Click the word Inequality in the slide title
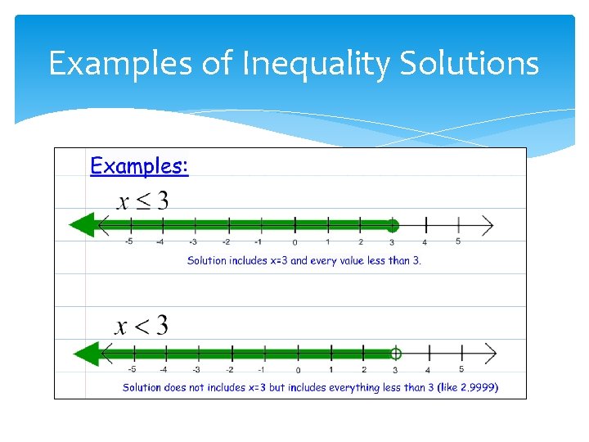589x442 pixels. [316, 64]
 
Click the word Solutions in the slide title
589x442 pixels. [470, 63]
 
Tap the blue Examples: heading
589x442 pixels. [139, 166]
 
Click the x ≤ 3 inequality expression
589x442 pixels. [143, 200]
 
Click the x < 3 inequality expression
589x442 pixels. [142, 326]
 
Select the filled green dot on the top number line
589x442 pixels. [393, 225]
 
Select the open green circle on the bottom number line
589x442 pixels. [396, 354]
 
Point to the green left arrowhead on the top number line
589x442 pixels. [82, 225]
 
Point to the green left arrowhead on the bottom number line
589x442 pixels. [85, 354]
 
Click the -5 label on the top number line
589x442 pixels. [129, 241]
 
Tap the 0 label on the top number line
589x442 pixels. [294, 242]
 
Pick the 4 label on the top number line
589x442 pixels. [425, 242]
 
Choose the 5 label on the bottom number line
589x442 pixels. [461, 370]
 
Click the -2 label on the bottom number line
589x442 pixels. [231, 370]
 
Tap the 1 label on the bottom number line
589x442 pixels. [330, 370]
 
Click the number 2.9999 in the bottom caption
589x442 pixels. [476, 387]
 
